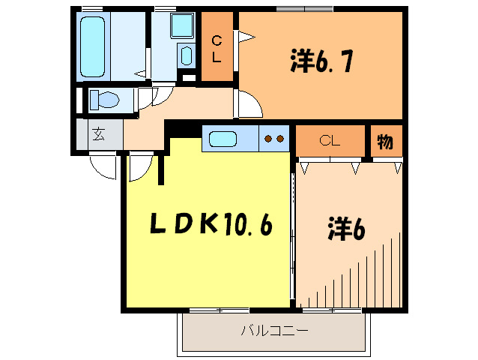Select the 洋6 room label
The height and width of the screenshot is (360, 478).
pyautogui.click(x=345, y=228)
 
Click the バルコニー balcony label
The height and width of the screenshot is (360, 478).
pyautogui.click(x=274, y=331)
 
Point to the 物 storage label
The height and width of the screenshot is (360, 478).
pyautogui.click(x=386, y=139)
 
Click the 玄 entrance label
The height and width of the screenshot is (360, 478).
pyautogui.click(x=99, y=135)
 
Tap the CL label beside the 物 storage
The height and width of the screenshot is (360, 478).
pyautogui.click(x=330, y=139)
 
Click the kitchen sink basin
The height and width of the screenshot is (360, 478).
pyautogui.click(x=223, y=139)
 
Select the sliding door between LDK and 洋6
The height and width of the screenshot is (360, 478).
pyautogui.click(x=293, y=232)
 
